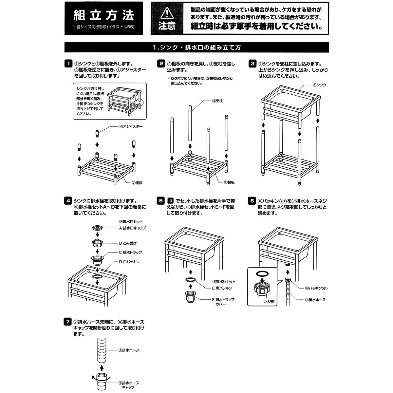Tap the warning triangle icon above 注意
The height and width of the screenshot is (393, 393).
[x=167, y=13]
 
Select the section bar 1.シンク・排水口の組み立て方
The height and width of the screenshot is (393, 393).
[x=196, y=47]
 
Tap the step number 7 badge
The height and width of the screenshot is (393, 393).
[x=68, y=322]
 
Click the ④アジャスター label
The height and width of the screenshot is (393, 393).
[x=131, y=126]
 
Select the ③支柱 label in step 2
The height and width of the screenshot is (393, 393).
[x=217, y=101]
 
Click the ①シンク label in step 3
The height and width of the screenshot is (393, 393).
[x=319, y=85]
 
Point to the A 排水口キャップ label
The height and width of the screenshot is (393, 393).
[x=132, y=228]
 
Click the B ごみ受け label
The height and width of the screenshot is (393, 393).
[x=127, y=243]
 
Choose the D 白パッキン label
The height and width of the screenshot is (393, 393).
[x=129, y=262]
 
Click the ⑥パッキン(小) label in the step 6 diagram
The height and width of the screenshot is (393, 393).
[x=316, y=288]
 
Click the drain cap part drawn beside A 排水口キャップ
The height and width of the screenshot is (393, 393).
[x=97, y=227]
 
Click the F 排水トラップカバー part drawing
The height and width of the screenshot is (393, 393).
[x=190, y=297]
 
